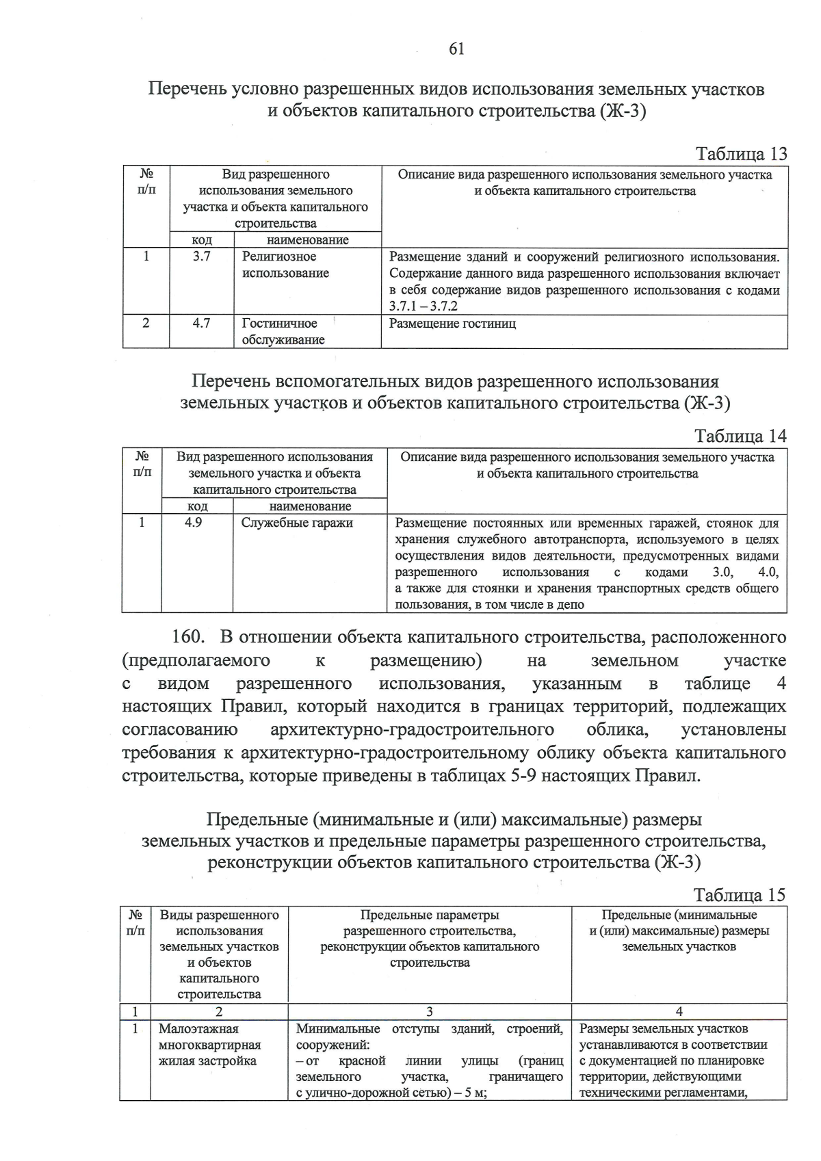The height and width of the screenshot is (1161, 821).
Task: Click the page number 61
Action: point(457,49)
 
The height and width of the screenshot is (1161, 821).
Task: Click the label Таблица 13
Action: point(741,154)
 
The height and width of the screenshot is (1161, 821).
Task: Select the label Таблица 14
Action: point(740,436)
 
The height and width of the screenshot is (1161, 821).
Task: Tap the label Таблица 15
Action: point(740,895)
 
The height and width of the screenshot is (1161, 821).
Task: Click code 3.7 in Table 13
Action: point(201,257)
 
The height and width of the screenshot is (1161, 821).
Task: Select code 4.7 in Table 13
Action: point(201,324)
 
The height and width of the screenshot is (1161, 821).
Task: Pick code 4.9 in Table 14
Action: point(194,523)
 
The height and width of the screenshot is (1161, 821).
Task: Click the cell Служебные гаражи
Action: point(297,523)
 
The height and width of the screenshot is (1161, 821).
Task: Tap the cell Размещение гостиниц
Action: point(452,324)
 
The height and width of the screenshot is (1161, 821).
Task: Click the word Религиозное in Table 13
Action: point(279,257)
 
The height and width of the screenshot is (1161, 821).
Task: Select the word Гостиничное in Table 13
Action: point(279,324)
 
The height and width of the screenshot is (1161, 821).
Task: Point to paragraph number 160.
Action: point(187,637)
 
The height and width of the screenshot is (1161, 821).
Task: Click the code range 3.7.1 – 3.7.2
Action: point(423,306)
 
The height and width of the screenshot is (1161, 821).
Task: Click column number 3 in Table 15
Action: point(430,1012)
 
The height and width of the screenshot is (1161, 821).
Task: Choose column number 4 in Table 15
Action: point(679,1012)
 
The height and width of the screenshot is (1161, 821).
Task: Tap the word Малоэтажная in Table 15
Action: point(198,1029)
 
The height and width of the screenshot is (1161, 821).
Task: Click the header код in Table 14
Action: point(198,506)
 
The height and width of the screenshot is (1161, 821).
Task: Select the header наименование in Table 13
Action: point(307,240)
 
